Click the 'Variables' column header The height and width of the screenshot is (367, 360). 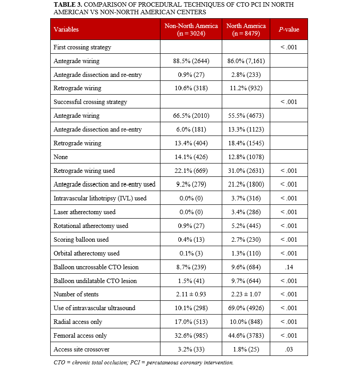[66, 29]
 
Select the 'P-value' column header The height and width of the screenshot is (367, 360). [289, 29]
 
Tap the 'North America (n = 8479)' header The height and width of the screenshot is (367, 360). [246, 29]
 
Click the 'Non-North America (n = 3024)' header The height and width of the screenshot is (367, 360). [191, 29]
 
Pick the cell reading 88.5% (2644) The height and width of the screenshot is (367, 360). [191, 61]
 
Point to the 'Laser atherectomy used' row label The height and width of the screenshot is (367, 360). [84, 212]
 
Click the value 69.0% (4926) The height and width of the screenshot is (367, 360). [246, 308]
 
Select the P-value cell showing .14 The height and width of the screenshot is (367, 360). [289, 267]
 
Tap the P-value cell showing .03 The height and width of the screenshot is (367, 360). [289, 350]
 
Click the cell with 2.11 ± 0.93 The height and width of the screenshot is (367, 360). [191, 295]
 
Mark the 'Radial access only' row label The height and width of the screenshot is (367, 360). [78, 322]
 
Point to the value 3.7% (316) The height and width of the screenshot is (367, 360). [246, 198]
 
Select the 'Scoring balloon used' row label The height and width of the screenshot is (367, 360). [81, 239]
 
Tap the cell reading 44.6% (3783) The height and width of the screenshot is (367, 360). [246, 336]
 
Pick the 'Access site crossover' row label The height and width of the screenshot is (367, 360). [81, 350]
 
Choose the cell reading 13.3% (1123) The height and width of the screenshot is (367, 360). [246, 129]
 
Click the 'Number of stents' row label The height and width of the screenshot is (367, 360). [76, 295]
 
